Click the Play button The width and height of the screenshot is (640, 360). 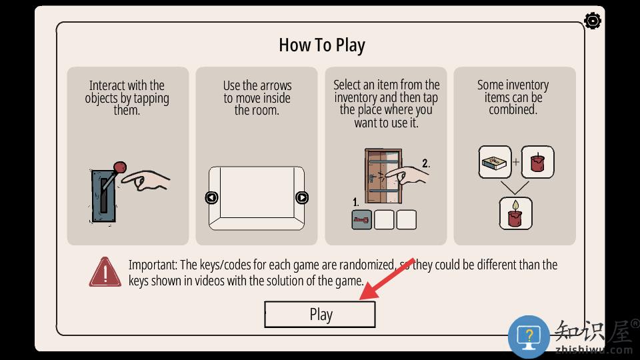click(x=319, y=314)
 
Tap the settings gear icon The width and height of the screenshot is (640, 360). click(x=592, y=21)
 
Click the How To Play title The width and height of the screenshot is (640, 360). click(x=322, y=45)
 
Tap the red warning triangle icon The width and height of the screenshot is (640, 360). click(x=105, y=272)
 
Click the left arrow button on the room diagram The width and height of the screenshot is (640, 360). click(x=211, y=197)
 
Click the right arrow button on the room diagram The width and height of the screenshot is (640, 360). click(x=301, y=197)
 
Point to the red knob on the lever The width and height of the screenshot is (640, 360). click(x=119, y=167)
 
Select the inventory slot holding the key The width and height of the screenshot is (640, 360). click(x=361, y=219)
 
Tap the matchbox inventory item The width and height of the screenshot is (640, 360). click(x=495, y=162)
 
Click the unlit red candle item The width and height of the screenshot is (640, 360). click(x=537, y=162)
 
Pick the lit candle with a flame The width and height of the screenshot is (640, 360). click(x=515, y=213)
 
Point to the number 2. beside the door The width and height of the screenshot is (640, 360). click(x=426, y=163)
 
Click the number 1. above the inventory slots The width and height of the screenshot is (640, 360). click(x=355, y=202)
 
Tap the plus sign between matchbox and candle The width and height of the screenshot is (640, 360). click(x=516, y=162)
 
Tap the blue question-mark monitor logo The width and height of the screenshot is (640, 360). click(x=529, y=337)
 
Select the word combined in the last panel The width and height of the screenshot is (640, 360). click(x=513, y=110)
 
